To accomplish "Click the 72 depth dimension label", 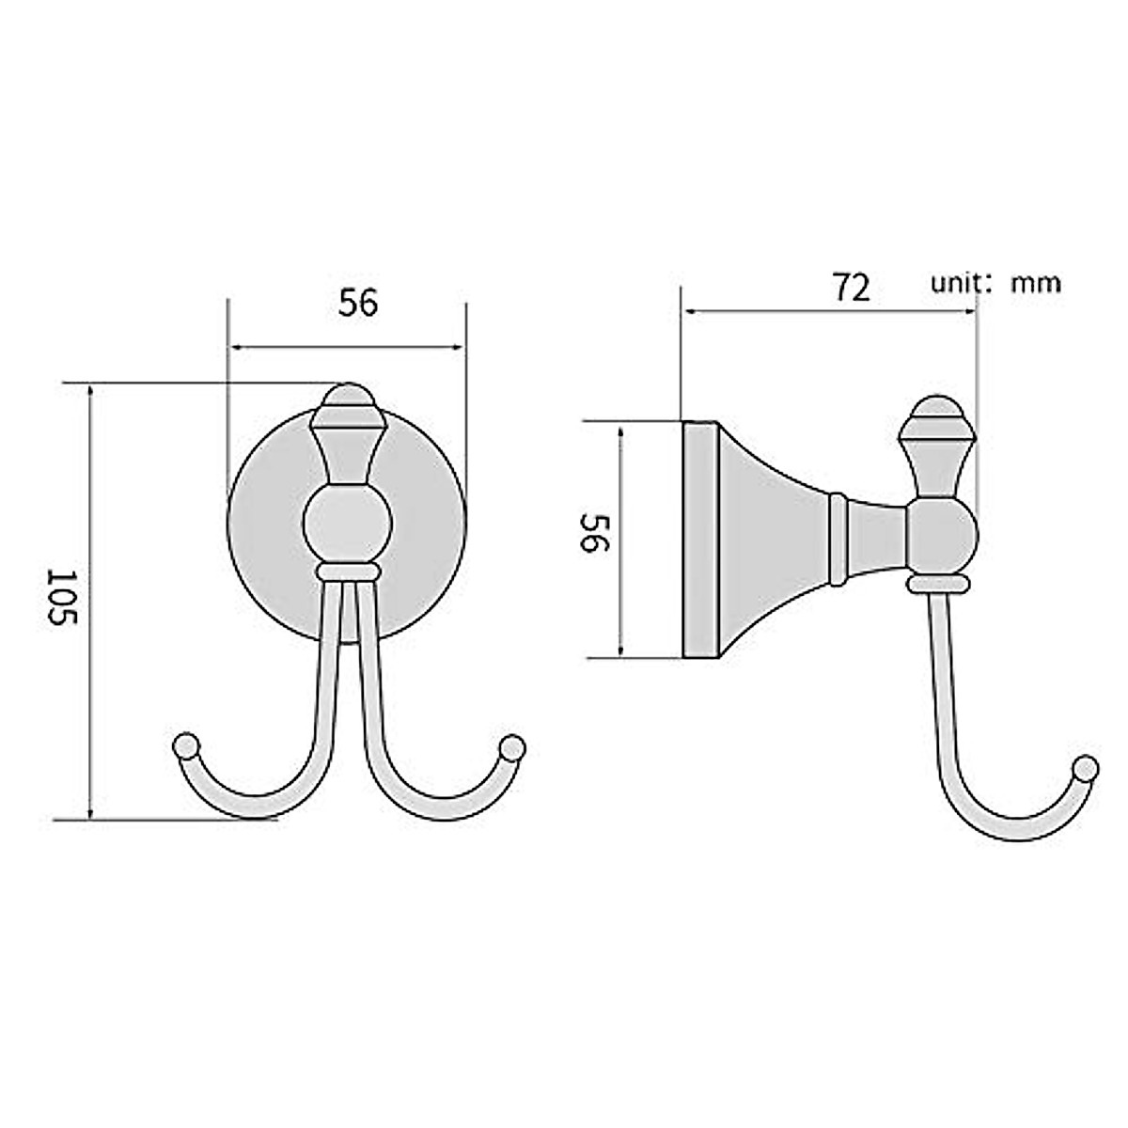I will [x=852, y=288].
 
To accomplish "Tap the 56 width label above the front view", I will [x=358, y=303].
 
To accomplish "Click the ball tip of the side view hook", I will [x=1088, y=769].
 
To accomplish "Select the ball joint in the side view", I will [x=944, y=538].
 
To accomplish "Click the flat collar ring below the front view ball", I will [x=348, y=572].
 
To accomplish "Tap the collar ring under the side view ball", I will [x=938, y=586].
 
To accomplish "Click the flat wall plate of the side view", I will [x=700, y=539].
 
